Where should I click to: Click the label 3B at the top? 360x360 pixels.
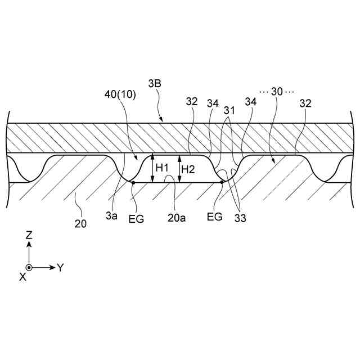pos(155,84)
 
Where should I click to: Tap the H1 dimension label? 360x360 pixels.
pos(163,168)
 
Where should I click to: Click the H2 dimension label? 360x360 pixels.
pos(188,168)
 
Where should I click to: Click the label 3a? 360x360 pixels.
pos(112,216)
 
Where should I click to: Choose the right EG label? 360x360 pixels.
pos(214,216)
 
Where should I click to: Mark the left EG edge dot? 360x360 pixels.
pos(133,182)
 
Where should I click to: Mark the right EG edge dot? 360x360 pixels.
pos(222,182)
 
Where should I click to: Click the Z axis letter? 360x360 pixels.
pos(29,237)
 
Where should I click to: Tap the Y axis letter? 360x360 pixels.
pos(60,268)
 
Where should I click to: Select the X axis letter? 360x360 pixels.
pos(22,277)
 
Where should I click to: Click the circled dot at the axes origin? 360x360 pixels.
pos(29,268)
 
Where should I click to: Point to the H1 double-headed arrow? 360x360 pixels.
pos(152,169)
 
